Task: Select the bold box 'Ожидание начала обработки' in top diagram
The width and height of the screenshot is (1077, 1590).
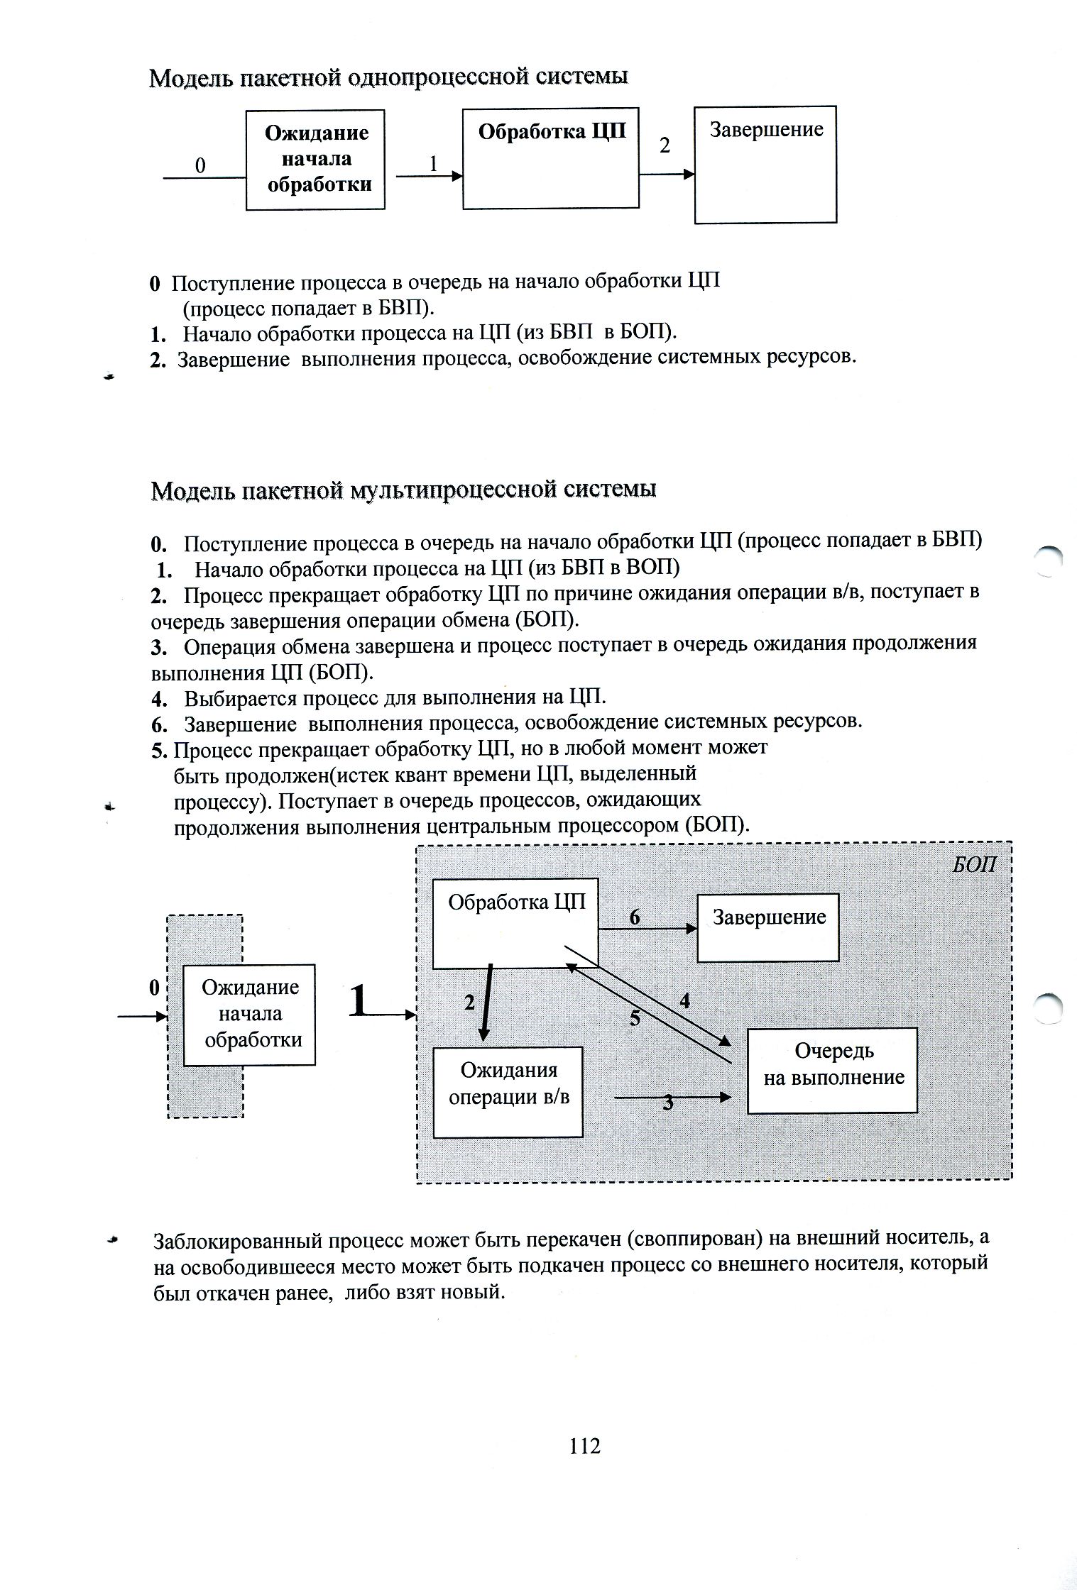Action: click(x=316, y=160)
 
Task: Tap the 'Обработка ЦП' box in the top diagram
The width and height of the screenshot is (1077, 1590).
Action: click(x=551, y=158)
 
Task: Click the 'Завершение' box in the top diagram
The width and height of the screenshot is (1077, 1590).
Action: click(x=765, y=165)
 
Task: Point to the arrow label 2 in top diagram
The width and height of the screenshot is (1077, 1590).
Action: click(x=665, y=145)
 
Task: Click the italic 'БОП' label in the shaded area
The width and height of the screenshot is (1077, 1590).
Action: click(x=973, y=864)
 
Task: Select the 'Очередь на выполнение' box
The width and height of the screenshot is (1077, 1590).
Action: click(x=833, y=1071)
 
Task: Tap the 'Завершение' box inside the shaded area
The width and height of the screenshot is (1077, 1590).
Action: click(x=768, y=928)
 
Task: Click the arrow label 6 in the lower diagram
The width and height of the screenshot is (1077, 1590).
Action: click(x=635, y=917)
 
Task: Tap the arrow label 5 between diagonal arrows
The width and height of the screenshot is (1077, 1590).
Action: click(x=635, y=1019)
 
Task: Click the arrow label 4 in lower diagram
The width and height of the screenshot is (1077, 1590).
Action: click(x=684, y=1001)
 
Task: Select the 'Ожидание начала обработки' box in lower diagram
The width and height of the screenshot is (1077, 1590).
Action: click(x=250, y=1015)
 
